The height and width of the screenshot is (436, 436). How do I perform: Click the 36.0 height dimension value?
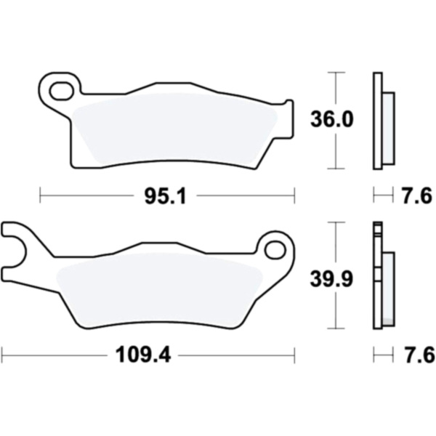tap(332, 120)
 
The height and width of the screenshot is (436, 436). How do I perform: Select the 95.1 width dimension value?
tap(165, 196)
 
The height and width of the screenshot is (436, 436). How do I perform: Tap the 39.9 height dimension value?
tap(331, 279)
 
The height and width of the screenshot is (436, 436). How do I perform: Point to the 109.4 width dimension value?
tap(143, 355)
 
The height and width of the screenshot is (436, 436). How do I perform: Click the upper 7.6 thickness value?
tap(417, 196)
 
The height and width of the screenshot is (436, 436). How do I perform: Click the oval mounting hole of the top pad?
tap(62, 91)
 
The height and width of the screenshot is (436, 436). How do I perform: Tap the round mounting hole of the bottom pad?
tap(275, 251)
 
